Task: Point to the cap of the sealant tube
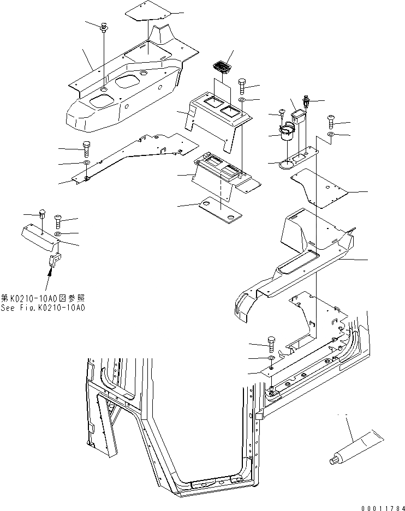pyautogui.click(x=332, y=461)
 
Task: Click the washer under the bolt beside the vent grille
pyautogui.click(x=241, y=101)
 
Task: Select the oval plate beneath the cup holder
pyautogui.click(x=286, y=162)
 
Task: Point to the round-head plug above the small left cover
pyautogui.click(x=43, y=213)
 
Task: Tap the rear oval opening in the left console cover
pyautogui.click(x=129, y=81)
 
